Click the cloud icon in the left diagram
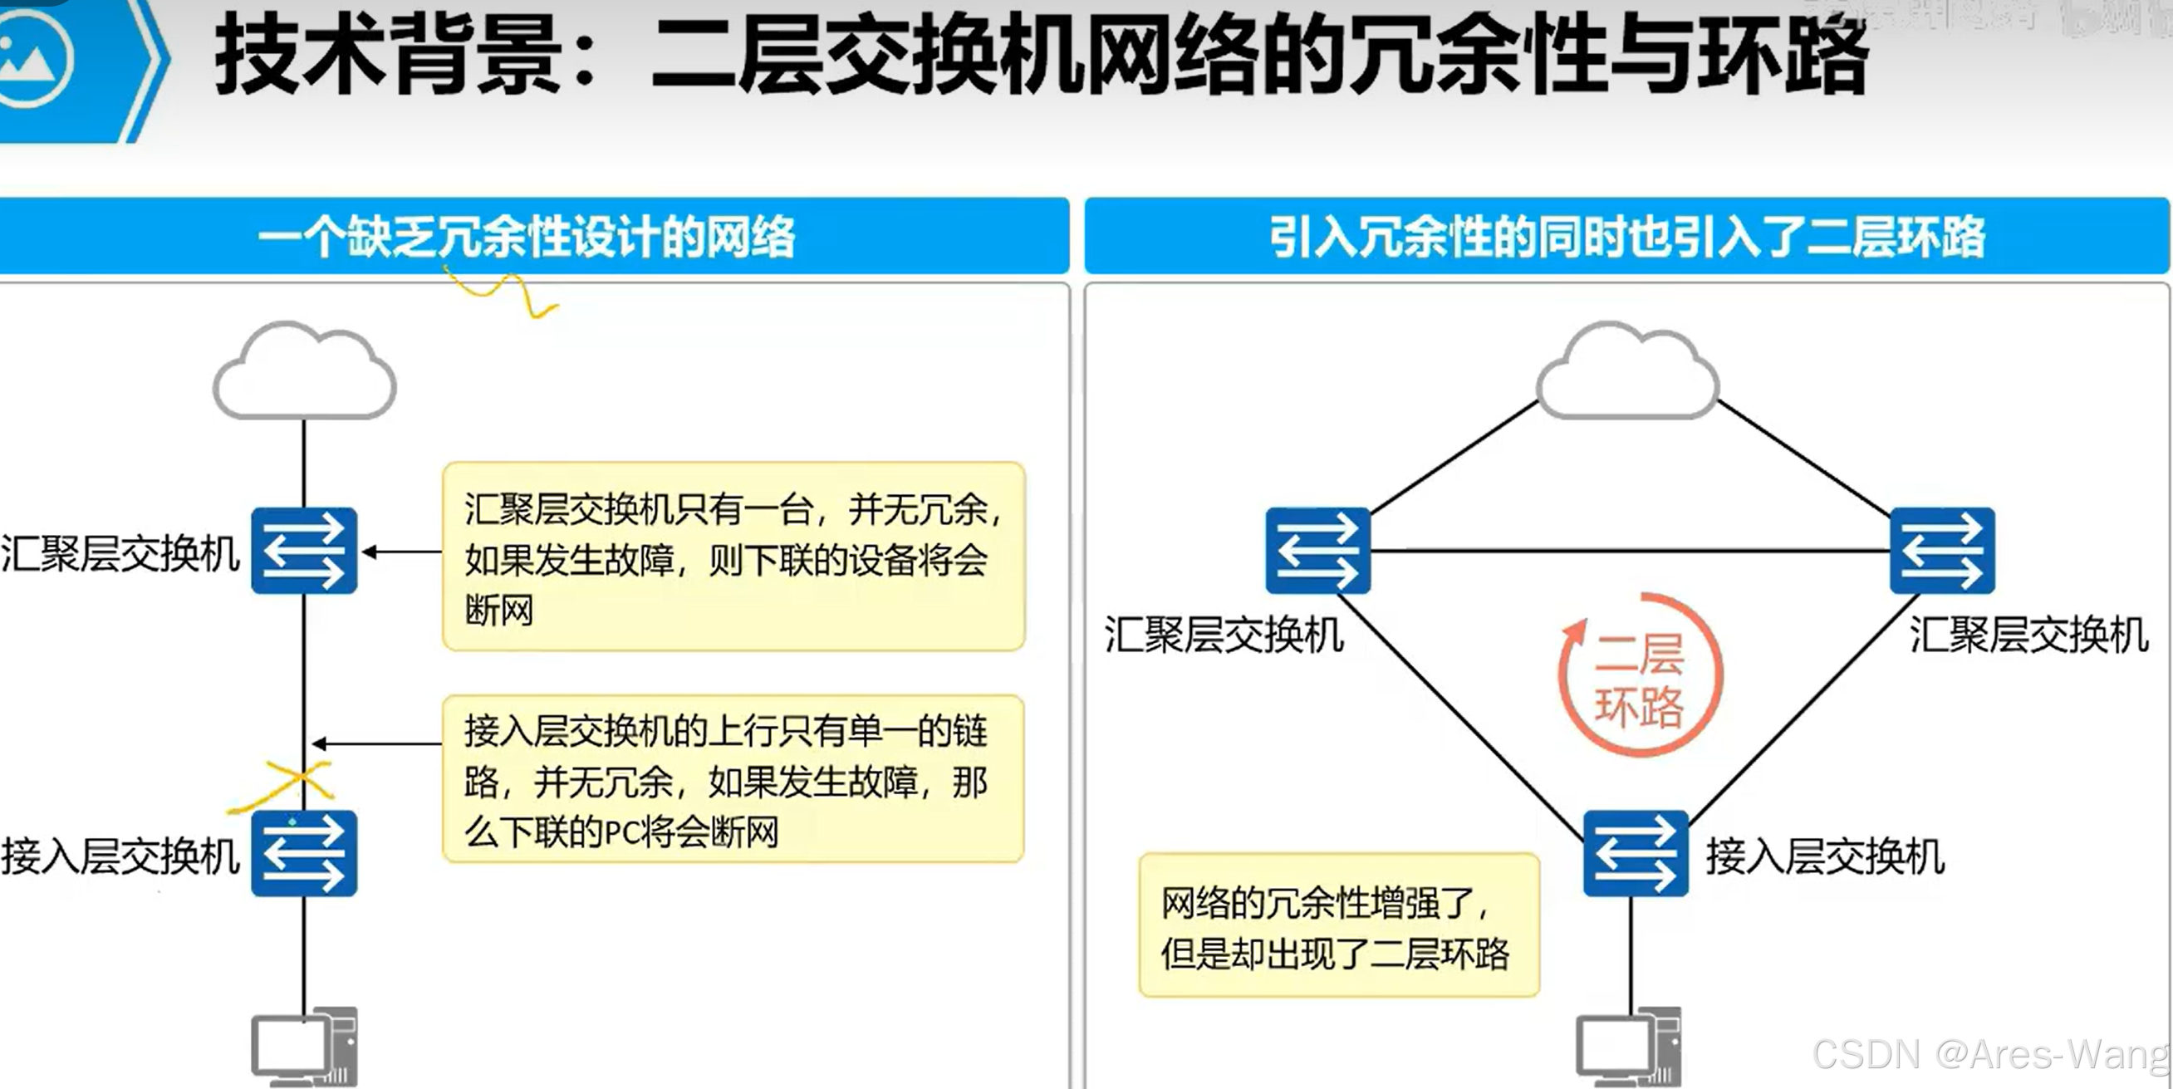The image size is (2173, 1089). pyautogui.click(x=305, y=371)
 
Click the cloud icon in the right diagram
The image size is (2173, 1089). pyautogui.click(x=1627, y=371)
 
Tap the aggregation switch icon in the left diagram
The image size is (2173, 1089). pyautogui.click(x=305, y=551)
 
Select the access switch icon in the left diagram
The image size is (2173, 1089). pyautogui.click(x=305, y=854)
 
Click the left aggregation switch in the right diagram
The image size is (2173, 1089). pyautogui.click(x=1317, y=551)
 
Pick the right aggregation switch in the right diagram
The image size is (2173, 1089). pyautogui.click(x=1942, y=551)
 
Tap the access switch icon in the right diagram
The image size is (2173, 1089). pyautogui.click(x=1635, y=854)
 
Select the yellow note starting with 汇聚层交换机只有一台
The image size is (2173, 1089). pyautogui.click(x=733, y=557)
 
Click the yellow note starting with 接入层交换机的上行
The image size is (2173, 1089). pyautogui.click(x=733, y=779)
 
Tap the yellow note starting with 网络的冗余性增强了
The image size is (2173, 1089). pyautogui.click(x=1339, y=925)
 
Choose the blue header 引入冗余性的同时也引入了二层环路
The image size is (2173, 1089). pyautogui.click(x=1626, y=236)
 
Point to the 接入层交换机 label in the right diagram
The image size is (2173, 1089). pyautogui.click(x=1825, y=857)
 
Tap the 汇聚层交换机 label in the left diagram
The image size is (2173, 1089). pyautogui.click(x=120, y=554)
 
